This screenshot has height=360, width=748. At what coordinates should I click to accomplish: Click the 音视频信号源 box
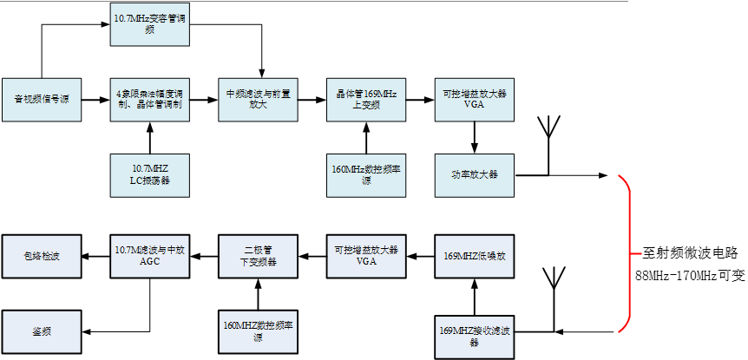coord(41,99)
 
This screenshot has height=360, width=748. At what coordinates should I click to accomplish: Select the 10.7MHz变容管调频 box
coord(149,24)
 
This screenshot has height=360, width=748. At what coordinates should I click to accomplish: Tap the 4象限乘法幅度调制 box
coord(149,99)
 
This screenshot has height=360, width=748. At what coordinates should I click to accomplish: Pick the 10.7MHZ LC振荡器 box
coord(149,174)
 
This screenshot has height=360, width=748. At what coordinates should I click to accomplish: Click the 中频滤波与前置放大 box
coord(258,99)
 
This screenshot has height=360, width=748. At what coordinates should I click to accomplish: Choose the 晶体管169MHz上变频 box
coord(366,99)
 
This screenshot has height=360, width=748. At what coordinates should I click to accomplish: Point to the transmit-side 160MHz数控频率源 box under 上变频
coord(366,174)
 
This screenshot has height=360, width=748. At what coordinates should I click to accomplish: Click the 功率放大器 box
coord(474,174)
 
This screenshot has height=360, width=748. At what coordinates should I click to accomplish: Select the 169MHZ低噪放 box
coord(474,256)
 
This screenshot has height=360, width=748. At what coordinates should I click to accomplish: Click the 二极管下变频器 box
coord(258,256)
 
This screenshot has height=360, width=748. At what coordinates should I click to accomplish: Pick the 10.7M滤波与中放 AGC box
coord(149,256)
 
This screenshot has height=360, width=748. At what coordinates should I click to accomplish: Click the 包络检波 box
coord(43,256)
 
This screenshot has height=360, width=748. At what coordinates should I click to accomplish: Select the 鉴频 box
coord(43,331)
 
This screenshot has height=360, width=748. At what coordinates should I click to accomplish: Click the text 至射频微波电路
coord(689,253)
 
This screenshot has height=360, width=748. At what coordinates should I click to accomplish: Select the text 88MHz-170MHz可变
coord(689,277)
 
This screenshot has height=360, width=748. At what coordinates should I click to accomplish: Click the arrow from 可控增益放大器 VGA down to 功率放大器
coord(474,137)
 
